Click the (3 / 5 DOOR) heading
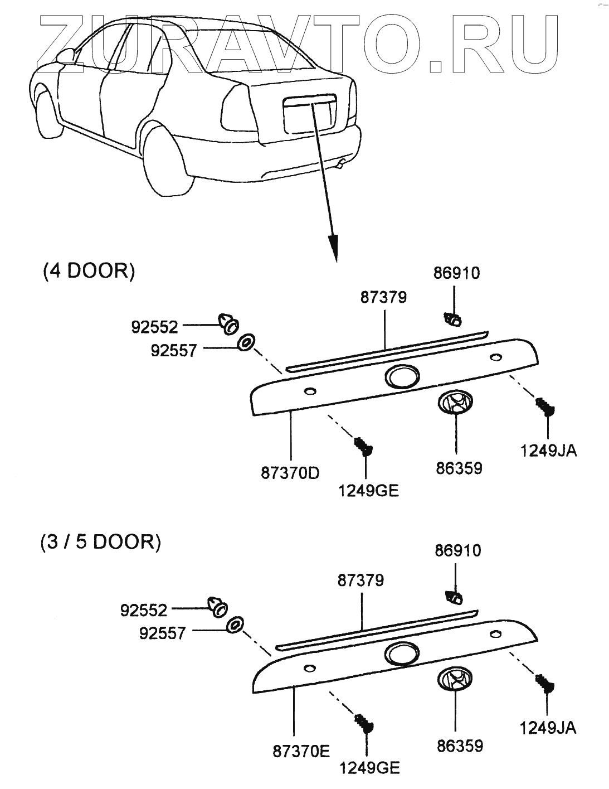100,541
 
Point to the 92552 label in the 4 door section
154,327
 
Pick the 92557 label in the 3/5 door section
162,633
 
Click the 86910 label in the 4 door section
456,273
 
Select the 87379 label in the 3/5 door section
360,580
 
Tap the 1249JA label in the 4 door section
548,451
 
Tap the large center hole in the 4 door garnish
402,377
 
